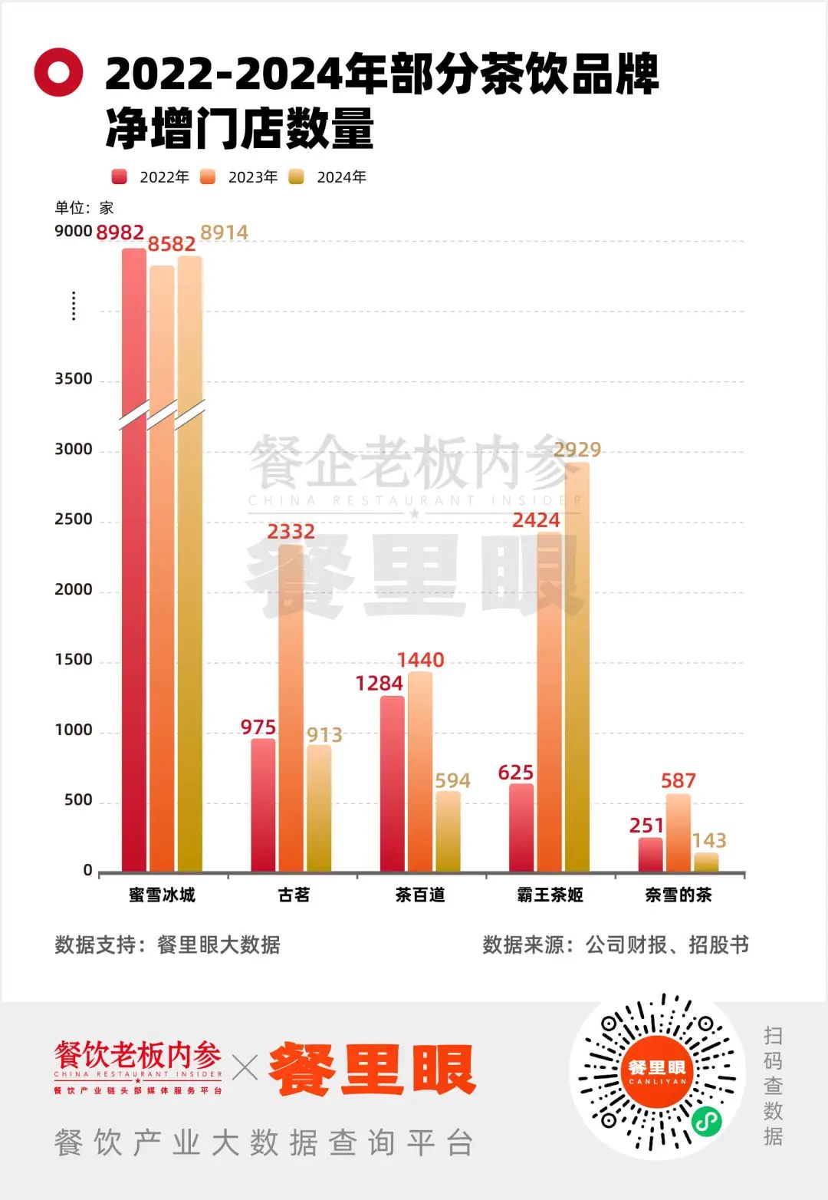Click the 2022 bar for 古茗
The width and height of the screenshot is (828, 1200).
click(263, 806)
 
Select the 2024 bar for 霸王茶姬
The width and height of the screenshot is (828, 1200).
click(577, 668)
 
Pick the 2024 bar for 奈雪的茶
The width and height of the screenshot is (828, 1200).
click(706, 862)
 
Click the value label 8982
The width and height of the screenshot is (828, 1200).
click(120, 232)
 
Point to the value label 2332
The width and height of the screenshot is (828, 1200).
click(291, 531)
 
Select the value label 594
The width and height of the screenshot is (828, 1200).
click(452, 780)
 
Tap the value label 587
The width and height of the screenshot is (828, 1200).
click(678, 780)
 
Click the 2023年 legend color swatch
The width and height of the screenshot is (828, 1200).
click(208, 177)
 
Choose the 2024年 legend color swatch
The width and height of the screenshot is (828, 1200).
click(296, 177)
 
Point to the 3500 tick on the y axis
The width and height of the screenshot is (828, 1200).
click(74, 379)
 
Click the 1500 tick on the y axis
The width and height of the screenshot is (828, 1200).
click(74, 660)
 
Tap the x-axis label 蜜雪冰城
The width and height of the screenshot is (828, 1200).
click(162, 895)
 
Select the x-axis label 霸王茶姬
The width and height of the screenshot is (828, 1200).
click(550, 895)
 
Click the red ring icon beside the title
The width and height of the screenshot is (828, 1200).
click(58, 72)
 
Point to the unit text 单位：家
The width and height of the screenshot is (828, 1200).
click(84, 207)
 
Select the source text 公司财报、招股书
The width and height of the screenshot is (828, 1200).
click(667, 945)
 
